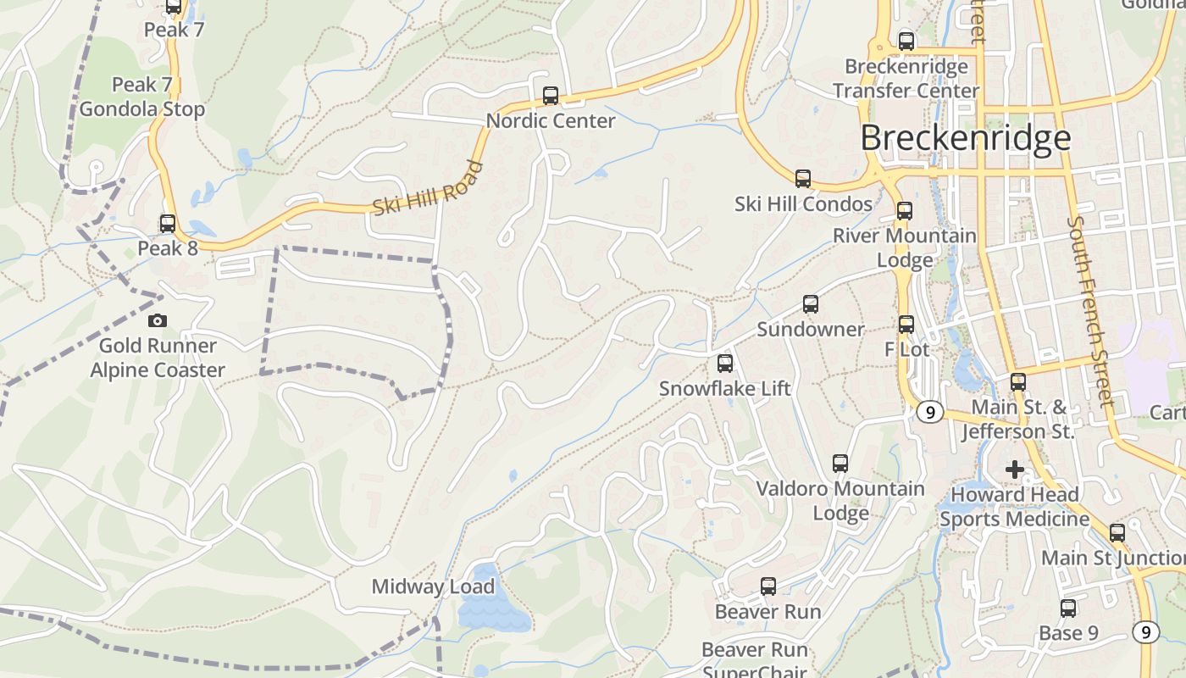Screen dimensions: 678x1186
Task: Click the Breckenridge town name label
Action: tap(966, 138)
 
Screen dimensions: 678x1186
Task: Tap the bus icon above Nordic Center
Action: tap(551, 95)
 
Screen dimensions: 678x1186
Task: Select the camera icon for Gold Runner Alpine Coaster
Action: tap(157, 320)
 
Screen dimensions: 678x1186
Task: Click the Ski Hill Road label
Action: tap(428, 188)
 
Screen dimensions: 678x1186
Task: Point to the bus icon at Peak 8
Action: tap(168, 224)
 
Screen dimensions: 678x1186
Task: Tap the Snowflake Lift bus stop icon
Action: tap(725, 364)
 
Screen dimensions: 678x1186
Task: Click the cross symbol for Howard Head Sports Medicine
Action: tap(1014, 469)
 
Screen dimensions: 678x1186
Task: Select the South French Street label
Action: tap(1089, 311)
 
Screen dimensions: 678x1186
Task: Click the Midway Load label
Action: tap(433, 586)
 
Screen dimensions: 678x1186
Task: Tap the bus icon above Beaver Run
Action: tap(768, 586)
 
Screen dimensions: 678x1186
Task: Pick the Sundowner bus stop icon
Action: tap(811, 304)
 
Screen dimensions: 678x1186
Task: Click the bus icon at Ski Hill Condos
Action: tap(803, 179)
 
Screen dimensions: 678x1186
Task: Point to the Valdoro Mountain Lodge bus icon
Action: tap(840, 464)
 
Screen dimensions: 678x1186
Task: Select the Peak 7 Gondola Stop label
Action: tap(142, 97)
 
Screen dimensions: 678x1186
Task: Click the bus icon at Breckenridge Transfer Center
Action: tap(906, 41)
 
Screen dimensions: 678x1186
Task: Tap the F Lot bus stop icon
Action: tap(906, 324)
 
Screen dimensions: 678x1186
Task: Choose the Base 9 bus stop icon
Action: tap(1068, 608)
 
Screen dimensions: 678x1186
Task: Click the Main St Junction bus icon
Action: tap(1117, 533)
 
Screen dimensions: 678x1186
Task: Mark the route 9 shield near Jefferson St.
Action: tap(930, 412)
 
